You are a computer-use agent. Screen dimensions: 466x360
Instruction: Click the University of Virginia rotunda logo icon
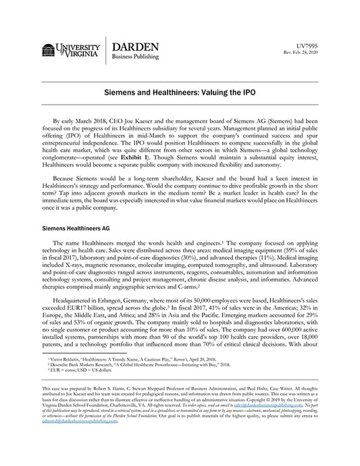49,51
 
